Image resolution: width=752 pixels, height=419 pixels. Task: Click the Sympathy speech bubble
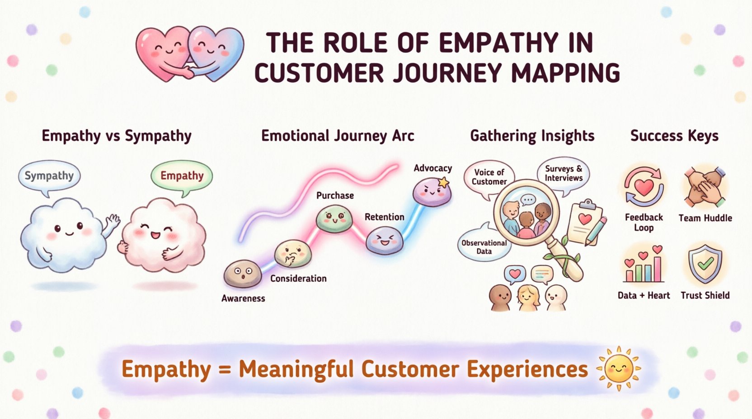pyautogui.click(x=49, y=176)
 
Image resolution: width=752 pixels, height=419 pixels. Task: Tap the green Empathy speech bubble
pyautogui.click(x=182, y=176)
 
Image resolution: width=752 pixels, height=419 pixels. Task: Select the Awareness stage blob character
pyautogui.click(x=243, y=274)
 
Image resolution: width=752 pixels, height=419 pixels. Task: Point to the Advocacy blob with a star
pyautogui.click(x=432, y=191)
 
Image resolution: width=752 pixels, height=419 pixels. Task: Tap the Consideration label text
pyautogui.click(x=298, y=279)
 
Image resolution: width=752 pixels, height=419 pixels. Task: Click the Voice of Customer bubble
pyautogui.click(x=489, y=177)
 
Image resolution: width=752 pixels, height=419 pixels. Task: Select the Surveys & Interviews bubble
pyautogui.click(x=564, y=174)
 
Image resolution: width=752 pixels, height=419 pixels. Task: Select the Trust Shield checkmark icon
pyautogui.click(x=705, y=264)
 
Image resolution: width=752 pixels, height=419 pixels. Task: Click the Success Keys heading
pyautogui.click(x=674, y=136)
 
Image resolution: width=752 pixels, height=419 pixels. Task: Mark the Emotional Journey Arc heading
pyautogui.click(x=338, y=136)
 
